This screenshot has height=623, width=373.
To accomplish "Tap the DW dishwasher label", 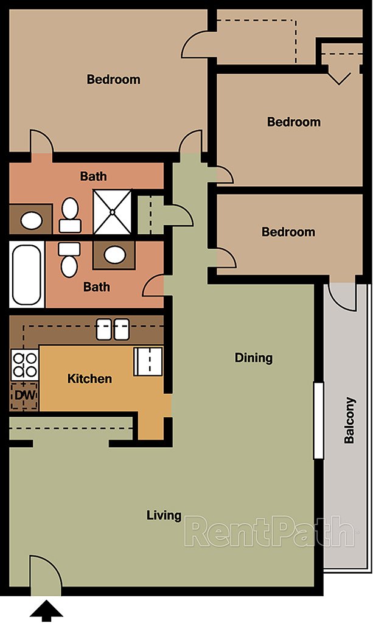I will (x=25, y=395).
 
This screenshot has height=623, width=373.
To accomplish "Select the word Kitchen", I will (x=89, y=378).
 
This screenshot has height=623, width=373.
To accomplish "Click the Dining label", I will (x=254, y=358).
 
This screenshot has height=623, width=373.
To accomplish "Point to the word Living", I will (x=164, y=515).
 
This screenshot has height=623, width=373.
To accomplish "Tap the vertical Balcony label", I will (x=349, y=420).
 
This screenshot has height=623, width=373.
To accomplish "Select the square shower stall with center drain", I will (x=113, y=211).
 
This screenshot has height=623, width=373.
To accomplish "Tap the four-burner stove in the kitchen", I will (x=25, y=365).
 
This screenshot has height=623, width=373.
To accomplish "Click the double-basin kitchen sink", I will (x=113, y=330).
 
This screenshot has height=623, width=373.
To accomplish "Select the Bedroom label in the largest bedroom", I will (x=113, y=79).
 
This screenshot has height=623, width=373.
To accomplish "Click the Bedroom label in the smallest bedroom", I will (x=288, y=232).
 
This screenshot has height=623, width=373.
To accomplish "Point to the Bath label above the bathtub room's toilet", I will (x=96, y=287).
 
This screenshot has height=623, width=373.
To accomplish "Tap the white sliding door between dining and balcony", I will (x=317, y=420).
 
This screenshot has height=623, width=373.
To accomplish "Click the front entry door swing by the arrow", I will (x=44, y=575).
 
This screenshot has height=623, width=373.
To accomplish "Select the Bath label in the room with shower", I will (x=93, y=176).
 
